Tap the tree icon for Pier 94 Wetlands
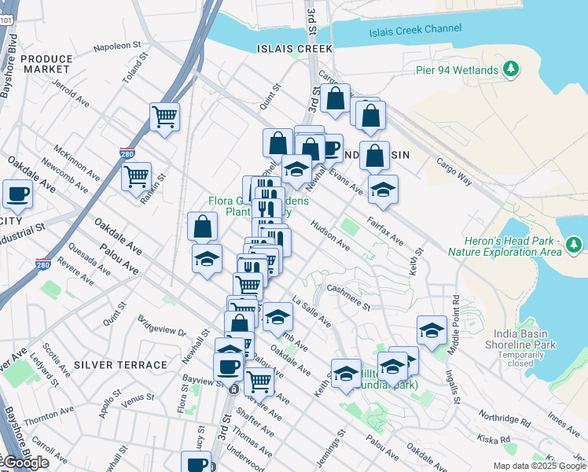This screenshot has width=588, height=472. click(512, 70)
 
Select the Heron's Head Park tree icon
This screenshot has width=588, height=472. click(575, 246)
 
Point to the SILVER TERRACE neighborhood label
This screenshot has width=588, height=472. click(120, 365)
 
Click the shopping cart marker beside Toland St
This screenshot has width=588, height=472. click(164, 118)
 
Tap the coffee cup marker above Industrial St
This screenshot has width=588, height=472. click(17, 194)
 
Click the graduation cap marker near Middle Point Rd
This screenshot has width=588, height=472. click(432, 331)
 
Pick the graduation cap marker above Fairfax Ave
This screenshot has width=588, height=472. click(383, 190)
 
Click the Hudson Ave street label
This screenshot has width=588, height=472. click(330, 235)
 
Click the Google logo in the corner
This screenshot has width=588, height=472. click(25, 462)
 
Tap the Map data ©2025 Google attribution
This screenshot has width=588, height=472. click(539, 466)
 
